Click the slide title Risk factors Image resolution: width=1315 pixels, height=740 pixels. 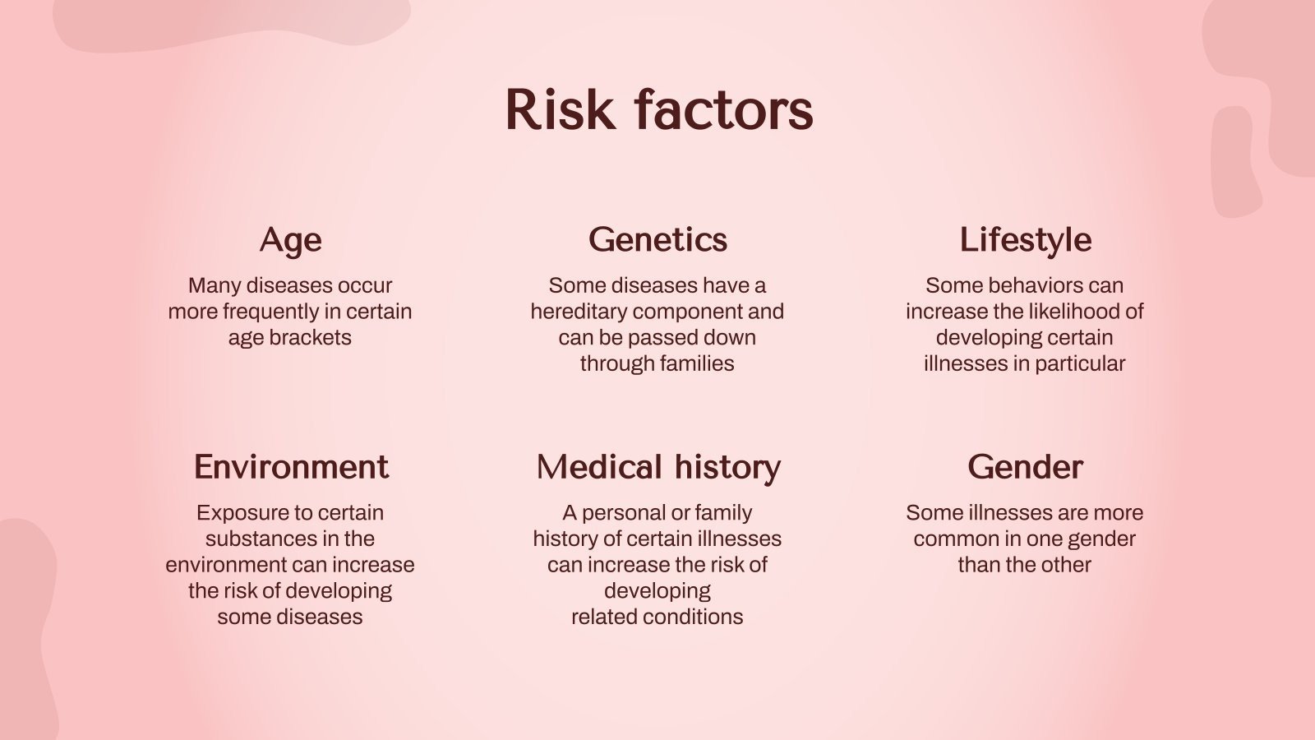tap(658, 110)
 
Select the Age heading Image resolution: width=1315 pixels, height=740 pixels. tap(290, 239)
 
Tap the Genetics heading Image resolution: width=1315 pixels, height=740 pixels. tap(657, 239)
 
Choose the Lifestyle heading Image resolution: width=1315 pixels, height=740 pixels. tap(1025, 239)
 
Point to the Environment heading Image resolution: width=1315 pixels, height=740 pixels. tap(290, 466)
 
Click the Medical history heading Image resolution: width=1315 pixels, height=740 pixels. tap(657, 466)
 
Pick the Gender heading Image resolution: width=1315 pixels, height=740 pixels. tap(1025, 466)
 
